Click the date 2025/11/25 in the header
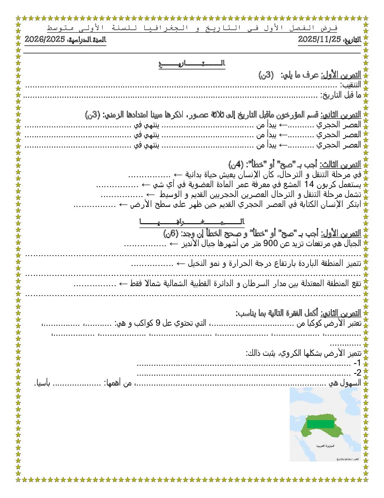320,39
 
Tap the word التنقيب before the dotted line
350,85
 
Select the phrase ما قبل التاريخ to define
341,95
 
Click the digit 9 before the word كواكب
158,323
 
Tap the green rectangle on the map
320,424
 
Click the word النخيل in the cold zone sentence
196,264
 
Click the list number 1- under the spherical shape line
357,363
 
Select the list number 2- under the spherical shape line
357,373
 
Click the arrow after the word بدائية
178,175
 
